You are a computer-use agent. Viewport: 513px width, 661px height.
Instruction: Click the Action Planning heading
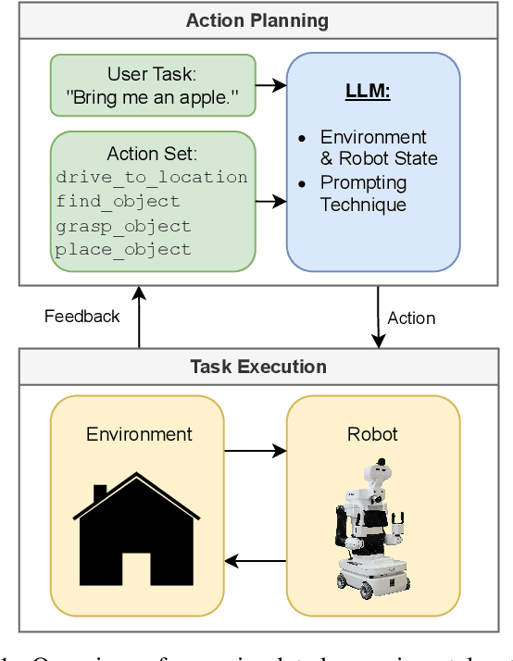(x=257, y=20)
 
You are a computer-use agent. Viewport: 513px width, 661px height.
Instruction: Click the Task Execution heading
(x=257, y=367)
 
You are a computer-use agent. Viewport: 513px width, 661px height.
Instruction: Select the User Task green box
(x=152, y=85)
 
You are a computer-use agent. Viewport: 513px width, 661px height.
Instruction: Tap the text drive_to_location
(x=152, y=177)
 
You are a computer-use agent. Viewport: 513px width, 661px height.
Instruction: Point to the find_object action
(x=118, y=201)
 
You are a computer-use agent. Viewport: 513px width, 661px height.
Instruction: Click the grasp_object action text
(x=123, y=225)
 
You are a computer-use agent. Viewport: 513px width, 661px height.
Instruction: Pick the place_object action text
(x=123, y=249)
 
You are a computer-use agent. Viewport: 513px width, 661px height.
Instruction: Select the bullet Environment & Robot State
(x=372, y=146)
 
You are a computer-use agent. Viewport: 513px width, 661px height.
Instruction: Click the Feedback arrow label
(x=82, y=317)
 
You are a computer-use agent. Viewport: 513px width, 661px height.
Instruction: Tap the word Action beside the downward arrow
(x=411, y=318)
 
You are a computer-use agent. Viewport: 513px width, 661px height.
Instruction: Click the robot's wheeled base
(x=373, y=574)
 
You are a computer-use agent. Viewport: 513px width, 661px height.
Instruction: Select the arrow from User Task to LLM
(x=270, y=85)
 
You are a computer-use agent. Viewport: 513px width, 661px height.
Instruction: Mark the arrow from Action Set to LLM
(x=270, y=200)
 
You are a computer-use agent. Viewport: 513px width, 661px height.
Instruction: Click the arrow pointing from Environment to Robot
(x=256, y=451)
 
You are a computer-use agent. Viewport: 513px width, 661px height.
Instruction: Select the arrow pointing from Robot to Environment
(x=256, y=561)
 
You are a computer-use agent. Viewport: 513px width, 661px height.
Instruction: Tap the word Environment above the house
(x=139, y=434)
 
